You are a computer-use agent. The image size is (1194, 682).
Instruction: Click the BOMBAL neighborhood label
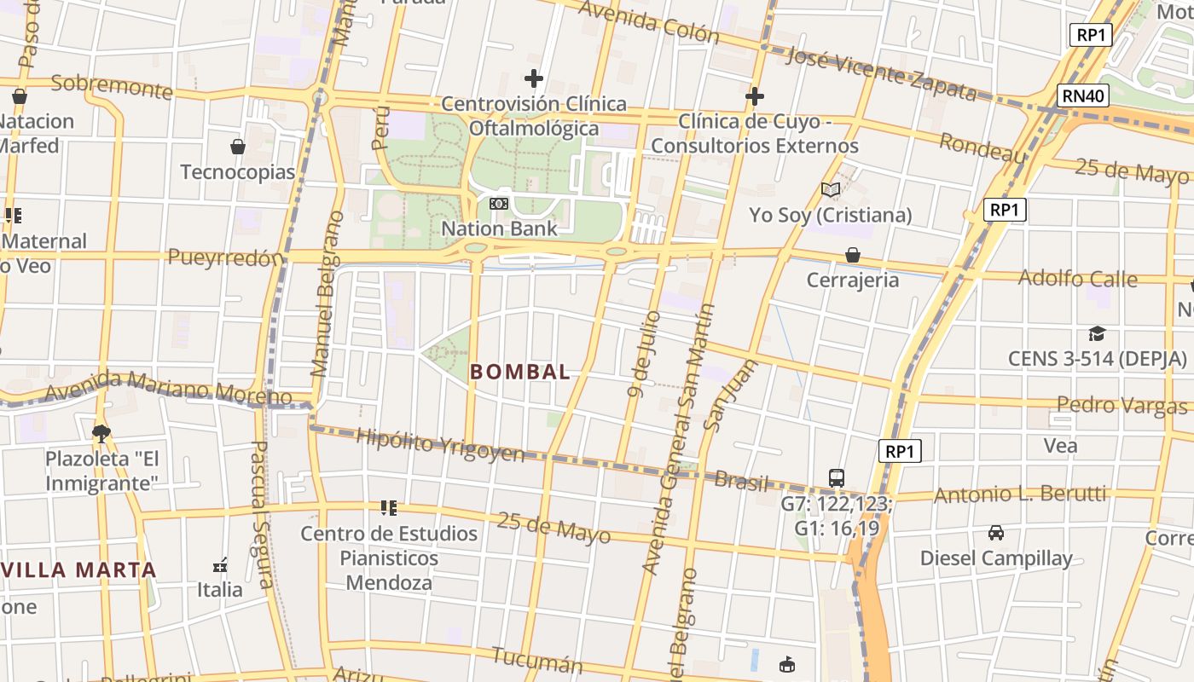point(520,372)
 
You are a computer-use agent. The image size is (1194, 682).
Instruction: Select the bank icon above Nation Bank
point(499,204)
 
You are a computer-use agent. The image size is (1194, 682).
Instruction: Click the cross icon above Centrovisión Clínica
point(534,79)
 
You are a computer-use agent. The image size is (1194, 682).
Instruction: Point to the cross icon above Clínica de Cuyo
point(755,96)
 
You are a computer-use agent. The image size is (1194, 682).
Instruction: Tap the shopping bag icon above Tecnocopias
point(238,147)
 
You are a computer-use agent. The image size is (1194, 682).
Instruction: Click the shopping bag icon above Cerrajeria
point(852,255)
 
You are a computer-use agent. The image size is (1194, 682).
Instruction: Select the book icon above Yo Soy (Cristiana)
point(831,190)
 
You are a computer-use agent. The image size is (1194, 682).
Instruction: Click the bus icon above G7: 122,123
point(837,478)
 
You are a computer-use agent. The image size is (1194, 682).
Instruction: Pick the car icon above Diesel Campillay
point(995,534)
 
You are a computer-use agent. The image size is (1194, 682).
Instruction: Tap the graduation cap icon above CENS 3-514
point(1097,333)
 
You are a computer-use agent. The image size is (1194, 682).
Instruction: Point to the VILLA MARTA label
point(79,569)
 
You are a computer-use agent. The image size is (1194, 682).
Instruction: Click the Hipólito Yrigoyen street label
point(440,446)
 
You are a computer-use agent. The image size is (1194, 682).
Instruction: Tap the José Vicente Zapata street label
point(880,72)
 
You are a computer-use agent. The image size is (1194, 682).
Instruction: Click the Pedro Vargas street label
point(1122,405)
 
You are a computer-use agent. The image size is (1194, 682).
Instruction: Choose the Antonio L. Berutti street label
point(1020,494)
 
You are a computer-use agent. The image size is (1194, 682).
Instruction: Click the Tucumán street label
point(537,660)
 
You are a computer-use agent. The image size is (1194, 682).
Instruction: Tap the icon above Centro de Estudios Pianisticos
point(389,509)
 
